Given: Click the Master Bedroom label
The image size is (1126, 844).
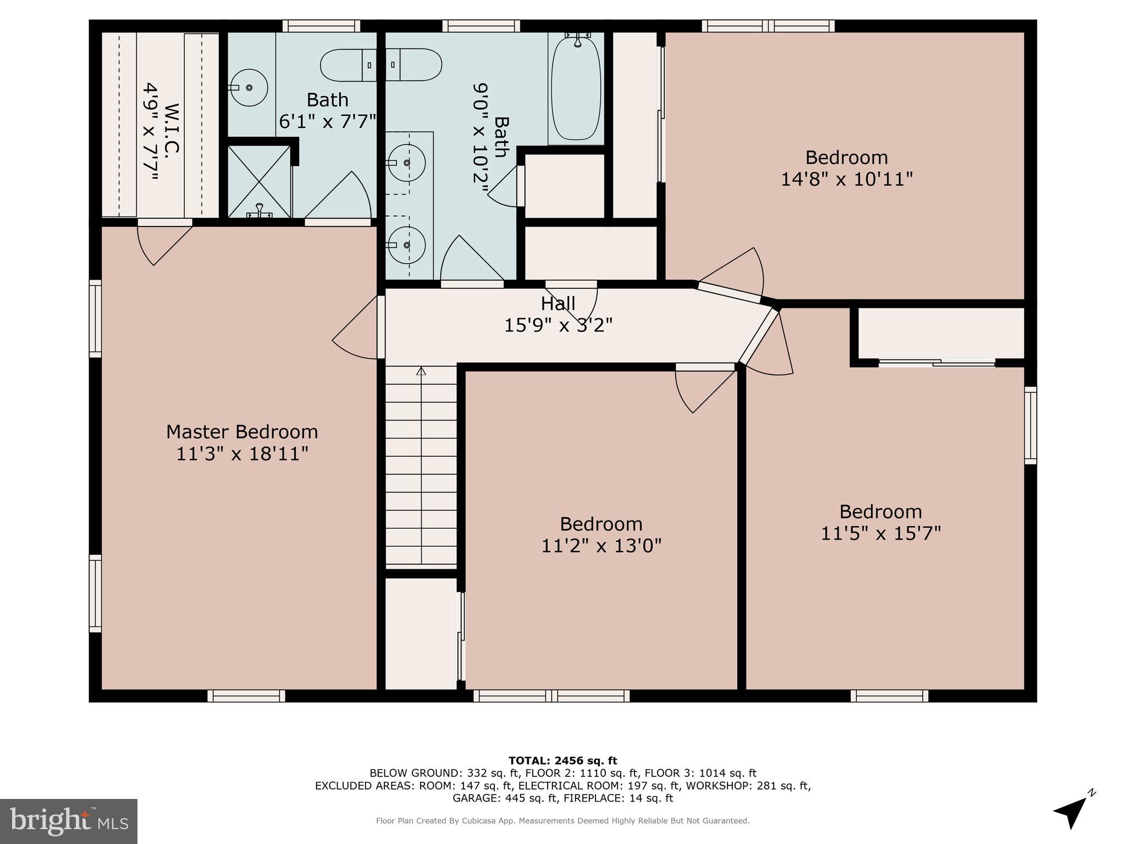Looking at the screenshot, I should tap(242, 432).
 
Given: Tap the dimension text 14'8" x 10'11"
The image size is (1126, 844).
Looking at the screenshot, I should tap(847, 179).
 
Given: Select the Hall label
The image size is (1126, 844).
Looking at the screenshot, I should tap(558, 303).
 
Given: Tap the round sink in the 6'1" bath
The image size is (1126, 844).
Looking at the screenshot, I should tap(249, 88).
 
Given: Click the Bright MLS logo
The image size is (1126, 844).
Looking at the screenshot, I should tap(69, 821).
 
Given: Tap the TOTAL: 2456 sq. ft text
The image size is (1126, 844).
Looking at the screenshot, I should tap(562, 760).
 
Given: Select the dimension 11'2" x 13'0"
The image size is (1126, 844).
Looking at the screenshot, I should tap(601, 546).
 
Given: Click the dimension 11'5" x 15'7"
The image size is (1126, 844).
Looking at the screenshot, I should tap(880, 534).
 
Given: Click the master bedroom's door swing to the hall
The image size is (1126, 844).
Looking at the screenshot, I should tap(356, 330).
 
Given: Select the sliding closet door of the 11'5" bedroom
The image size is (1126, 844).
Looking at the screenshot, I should tap(936, 363).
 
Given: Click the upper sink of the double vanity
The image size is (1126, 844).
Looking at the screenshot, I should tap(406, 163).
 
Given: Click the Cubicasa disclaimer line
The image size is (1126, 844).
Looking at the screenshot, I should tap(562, 821).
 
